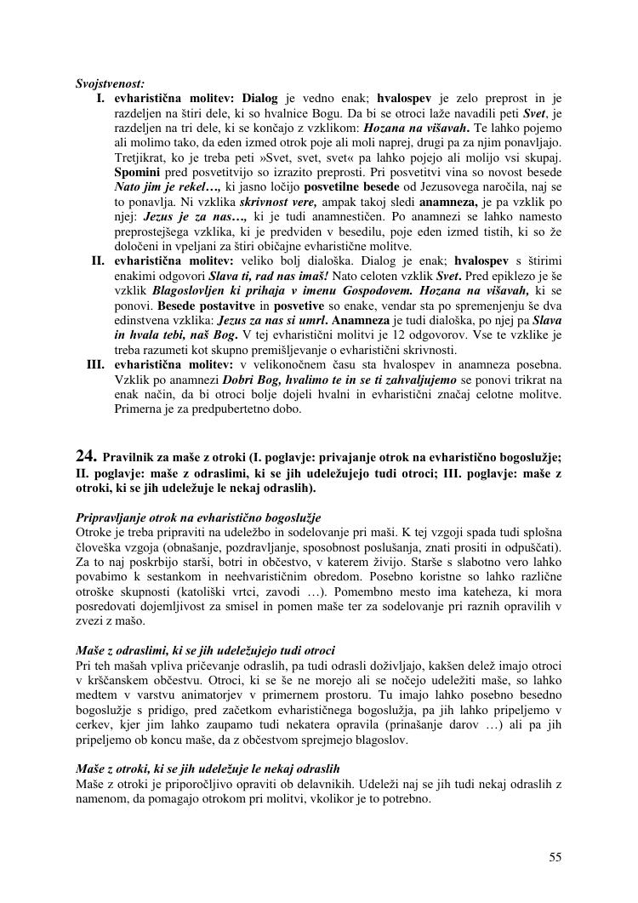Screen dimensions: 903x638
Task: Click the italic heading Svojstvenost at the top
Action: (x=110, y=83)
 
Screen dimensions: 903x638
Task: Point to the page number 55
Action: (x=555, y=856)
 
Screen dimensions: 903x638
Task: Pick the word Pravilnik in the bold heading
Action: (x=128, y=458)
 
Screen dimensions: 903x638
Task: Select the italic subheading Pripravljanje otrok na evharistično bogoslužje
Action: (x=198, y=517)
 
